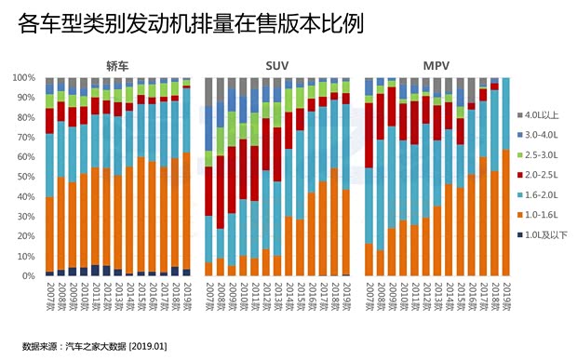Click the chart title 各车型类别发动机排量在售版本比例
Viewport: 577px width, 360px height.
(x=176, y=25)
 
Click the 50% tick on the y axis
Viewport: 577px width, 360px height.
(x=25, y=178)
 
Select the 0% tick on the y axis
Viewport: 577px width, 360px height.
(x=28, y=276)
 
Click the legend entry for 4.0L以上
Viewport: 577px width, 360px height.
(x=540, y=115)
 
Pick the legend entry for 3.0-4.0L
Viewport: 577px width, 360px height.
(x=540, y=136)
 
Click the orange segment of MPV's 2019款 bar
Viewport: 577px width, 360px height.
(x=505, y=213)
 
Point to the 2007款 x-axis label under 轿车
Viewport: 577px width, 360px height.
(x=49, y=296)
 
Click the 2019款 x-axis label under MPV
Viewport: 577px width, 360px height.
(x=505, y=296)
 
